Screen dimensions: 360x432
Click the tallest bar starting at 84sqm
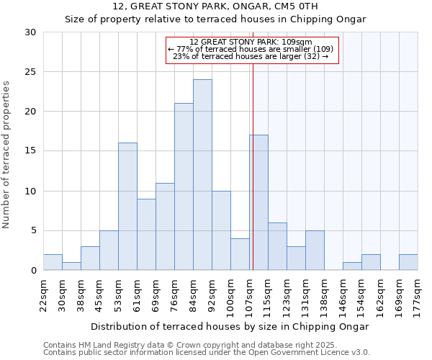(202, 175)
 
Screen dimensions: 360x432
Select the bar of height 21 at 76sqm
(184, 186)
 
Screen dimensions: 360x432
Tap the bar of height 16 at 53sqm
(127, 207)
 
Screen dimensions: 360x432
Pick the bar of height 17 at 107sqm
(258, 202)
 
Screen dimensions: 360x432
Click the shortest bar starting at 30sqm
(71, 266)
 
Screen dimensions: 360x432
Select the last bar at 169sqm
(408, 262)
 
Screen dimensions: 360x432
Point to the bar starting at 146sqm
(352, 266)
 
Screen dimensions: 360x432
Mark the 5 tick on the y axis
(33, 231)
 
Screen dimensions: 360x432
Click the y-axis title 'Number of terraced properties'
(7, 155)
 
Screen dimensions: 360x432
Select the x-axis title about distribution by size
(230, 326)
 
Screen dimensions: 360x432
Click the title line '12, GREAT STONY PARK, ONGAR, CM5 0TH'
(215, 6)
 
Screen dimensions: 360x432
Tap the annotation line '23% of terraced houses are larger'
(251, 56)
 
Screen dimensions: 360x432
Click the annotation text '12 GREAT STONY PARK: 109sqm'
(251, 42)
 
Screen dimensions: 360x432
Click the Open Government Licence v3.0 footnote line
(207, 352)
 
